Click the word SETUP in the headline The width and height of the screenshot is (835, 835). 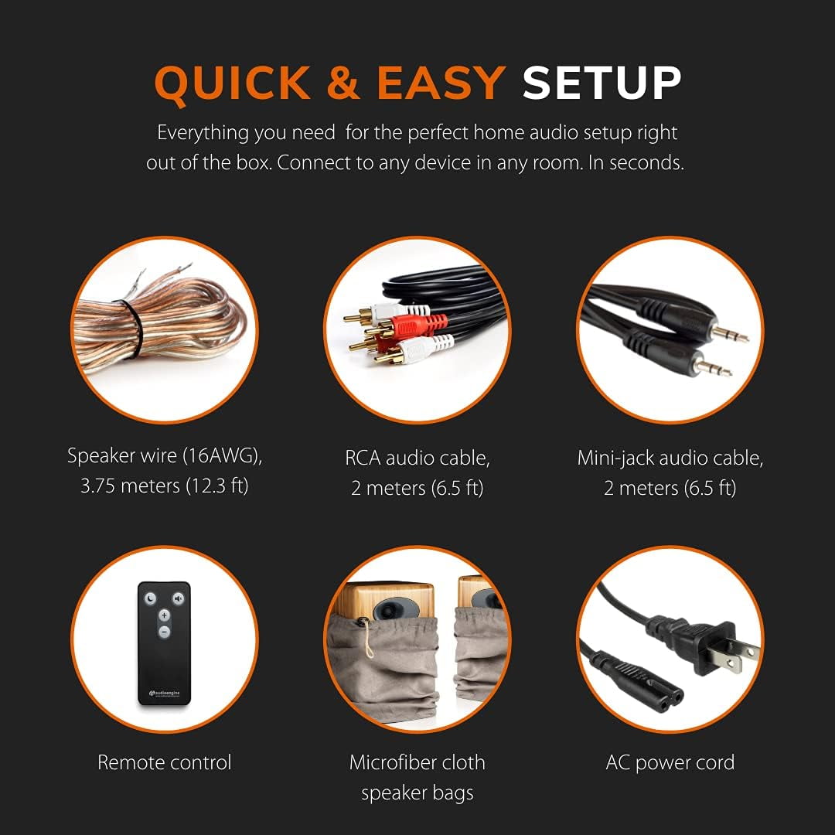(602, 83)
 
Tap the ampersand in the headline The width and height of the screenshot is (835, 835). (343, 83)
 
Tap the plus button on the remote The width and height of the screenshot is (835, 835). (164, 615)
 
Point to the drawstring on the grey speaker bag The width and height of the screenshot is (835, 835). (367, 639)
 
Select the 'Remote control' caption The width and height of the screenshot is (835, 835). (165, 762)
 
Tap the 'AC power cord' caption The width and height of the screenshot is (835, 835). (670, 763)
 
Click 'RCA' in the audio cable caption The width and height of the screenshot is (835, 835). (363, 458)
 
